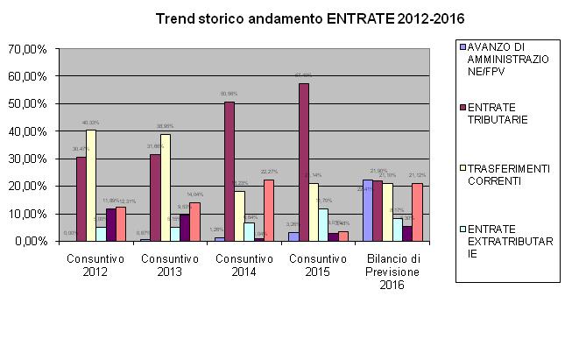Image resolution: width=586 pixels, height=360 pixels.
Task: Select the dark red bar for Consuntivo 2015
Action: tap(303, 162)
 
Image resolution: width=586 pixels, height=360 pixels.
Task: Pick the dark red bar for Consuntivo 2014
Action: tap(229, 171)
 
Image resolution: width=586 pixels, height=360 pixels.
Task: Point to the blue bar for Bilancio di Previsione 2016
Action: tap(367, 210)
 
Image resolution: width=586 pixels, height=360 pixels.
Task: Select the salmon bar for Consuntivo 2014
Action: tap(269, 210)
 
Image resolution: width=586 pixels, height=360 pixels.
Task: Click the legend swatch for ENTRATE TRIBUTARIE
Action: tap(462, 109)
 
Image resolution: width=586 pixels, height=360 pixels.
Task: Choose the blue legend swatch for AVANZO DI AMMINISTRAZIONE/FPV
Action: tap(462, 46)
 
